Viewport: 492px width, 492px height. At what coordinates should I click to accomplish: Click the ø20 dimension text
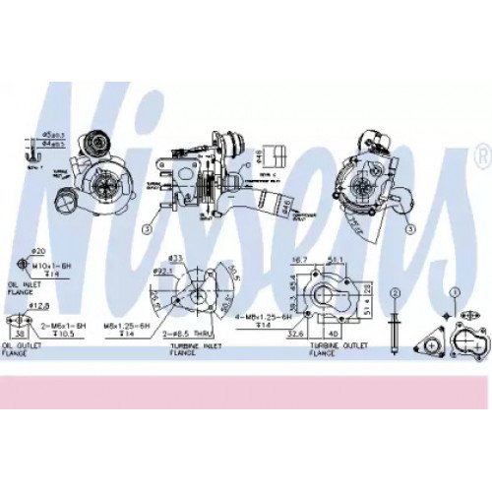coord(38,251)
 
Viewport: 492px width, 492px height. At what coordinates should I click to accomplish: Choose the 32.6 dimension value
coord(294,333)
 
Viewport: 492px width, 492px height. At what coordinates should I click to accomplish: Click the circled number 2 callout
coord(395,293)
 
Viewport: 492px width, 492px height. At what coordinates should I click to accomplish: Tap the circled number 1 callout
coord(455,292)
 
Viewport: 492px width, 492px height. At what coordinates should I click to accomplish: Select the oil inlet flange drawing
coord(23,267)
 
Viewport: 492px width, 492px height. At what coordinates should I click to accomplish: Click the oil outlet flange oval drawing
coord(20,321)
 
